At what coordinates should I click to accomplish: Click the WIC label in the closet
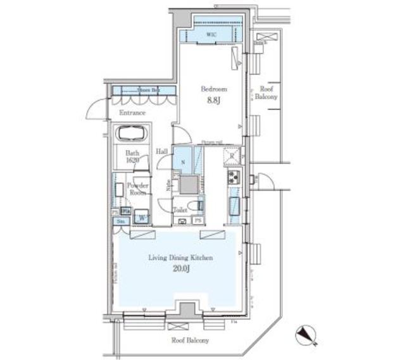[x=210, y=36]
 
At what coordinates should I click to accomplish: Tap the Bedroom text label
[x=214, y=90]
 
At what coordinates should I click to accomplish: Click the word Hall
[x=162, y=152]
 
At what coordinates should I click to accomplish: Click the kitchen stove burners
[x=232, y=177]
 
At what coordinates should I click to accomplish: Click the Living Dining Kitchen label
[x=180, y=258]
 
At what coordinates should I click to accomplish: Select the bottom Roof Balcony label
[x=189, y=340]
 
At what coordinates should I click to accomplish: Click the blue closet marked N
[x=183, y=161]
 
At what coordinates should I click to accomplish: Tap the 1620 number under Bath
[x=132, y=161]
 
